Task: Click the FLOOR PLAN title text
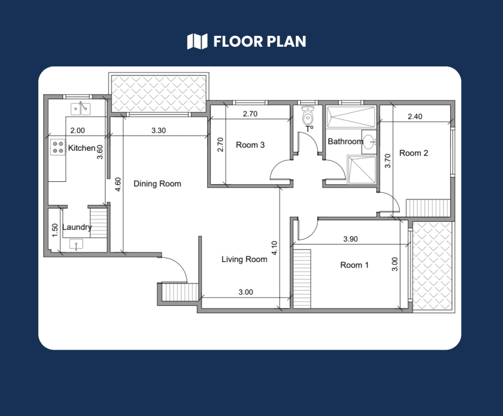click(259, 41)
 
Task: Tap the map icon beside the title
click(197, 41)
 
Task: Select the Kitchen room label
click(81, 148)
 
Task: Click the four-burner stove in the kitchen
click(58, 147)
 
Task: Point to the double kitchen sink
click(80, 108)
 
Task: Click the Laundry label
click(77, 227)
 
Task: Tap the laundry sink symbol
click(77, 244)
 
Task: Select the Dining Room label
click(157, 184)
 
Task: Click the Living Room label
click(244, 259)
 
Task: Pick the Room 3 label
click(250, 145)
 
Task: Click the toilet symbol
click(308, 116)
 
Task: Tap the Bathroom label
click(345, 142)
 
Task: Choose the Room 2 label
click(414, 153)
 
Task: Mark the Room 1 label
click(354, 265)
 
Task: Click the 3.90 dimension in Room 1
click(351, 239)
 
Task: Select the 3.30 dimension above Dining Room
click(158, 130)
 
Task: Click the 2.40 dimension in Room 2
click(415, 116)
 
